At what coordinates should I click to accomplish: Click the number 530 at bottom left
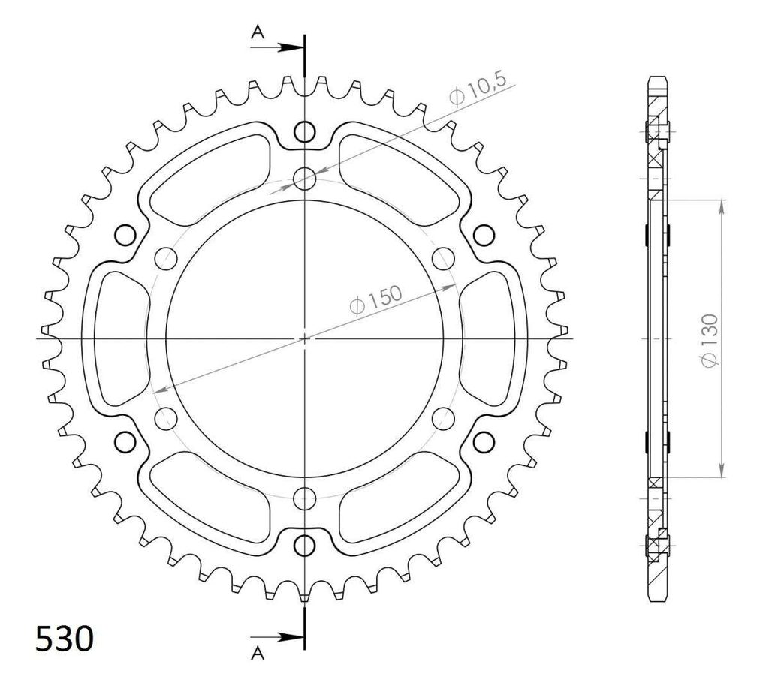(x=65, y=639)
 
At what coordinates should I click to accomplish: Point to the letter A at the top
(x=258, y=32)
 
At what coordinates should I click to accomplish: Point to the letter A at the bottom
(x=258, y=653)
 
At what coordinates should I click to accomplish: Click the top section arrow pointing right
(x=276, y=47)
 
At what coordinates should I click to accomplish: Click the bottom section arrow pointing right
(x=276, y=637)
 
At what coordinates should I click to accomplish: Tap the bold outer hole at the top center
(x=305, y=131)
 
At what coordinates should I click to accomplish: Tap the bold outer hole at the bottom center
(x=305, y=545)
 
